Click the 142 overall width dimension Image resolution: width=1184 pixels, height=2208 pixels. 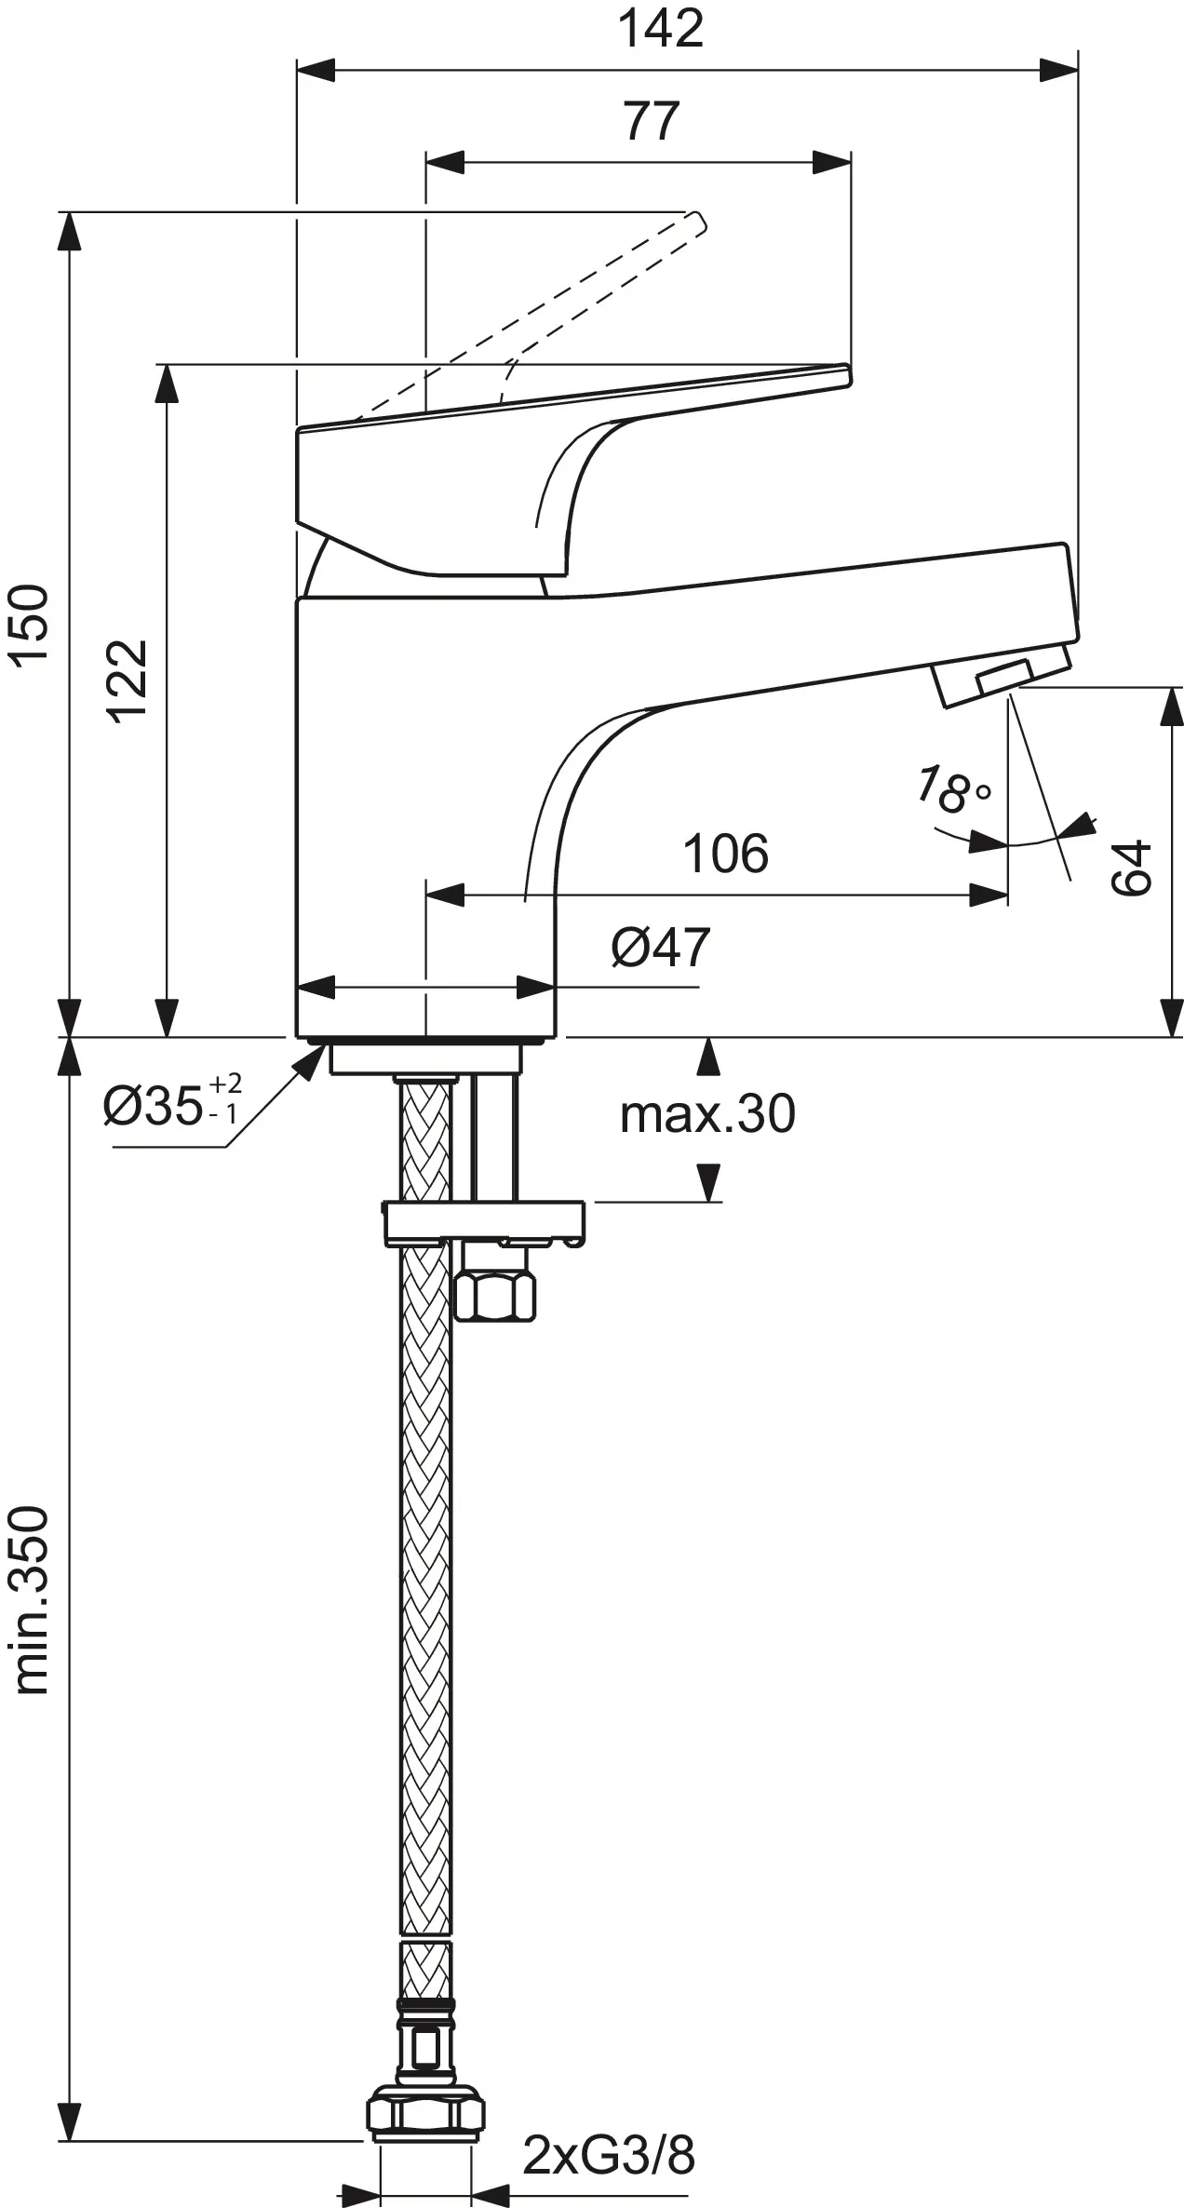pos(661,30)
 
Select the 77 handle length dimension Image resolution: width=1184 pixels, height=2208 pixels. pos(652,121)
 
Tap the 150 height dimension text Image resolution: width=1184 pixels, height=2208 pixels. pos(29,625)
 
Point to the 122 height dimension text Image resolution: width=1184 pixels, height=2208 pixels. pos(128,680)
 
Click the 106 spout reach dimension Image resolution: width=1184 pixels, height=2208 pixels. pos(726,853)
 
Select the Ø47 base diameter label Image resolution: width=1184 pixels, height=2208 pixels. pos(660,948)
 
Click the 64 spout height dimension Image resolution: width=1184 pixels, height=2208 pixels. pos(1132,868)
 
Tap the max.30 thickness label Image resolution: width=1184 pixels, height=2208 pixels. pos(707,1113)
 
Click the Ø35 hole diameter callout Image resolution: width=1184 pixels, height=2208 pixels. pos(172,1104)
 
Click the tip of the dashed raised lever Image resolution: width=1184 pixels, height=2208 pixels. pos(696,221)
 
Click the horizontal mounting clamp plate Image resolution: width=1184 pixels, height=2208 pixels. pos(484,1220)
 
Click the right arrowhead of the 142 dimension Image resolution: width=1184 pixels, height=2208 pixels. pos(1061,70)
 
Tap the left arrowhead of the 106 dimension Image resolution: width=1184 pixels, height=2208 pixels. pos(443,896)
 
